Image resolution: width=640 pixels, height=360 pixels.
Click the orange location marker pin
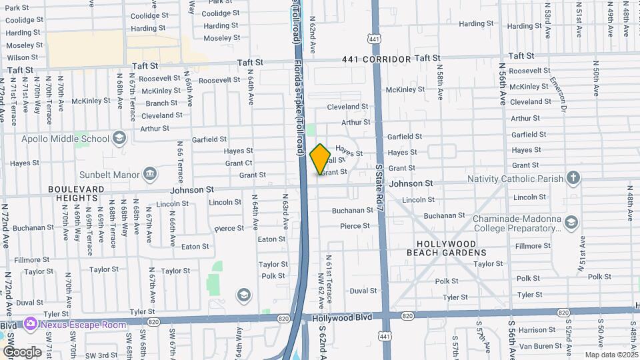(320, 159)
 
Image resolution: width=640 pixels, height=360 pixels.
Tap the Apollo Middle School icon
(119, 139)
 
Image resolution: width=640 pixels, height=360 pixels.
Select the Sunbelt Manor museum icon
(150, 175)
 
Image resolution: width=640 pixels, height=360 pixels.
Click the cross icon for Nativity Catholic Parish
(572, 178)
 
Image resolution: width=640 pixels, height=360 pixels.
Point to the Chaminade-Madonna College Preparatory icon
(571, 222)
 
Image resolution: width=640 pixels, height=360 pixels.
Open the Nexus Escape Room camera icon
(29, 325)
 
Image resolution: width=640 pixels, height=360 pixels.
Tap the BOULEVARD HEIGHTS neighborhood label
(76, 193)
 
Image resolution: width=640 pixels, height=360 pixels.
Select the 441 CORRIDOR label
(377, 59)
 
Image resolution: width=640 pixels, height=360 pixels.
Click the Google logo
(22, 351)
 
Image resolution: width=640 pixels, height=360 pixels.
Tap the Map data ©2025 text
(611, 355)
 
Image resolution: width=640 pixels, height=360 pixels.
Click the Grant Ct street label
(239, 163)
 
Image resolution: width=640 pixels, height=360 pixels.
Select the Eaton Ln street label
(271, 239)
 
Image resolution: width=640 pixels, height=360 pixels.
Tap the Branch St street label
(161, 103)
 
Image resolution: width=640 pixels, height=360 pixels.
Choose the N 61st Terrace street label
(329, 273)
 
